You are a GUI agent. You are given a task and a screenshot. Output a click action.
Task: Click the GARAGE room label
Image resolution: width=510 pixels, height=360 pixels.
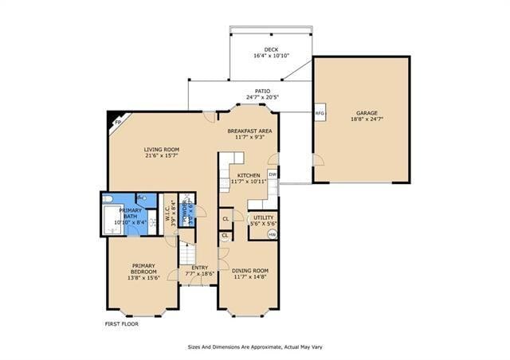[x=367, y=113]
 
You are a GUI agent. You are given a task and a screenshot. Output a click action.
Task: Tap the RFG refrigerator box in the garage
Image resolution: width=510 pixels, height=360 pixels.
[x=320, y=113]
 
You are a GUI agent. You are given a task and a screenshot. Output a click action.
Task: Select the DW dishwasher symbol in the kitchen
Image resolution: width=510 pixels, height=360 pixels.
[x=273, y=174]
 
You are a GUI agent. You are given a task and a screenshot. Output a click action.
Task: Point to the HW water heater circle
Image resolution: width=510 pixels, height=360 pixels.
[x=273, y=234]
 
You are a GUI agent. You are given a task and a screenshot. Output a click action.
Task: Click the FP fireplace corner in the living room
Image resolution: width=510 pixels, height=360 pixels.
[x=116, y=121]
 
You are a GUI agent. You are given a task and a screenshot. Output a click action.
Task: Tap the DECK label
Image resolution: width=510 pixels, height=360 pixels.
[x=260, y=49]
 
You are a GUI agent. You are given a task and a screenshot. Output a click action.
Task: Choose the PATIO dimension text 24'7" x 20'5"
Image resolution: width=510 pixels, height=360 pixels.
[x=263, y=98]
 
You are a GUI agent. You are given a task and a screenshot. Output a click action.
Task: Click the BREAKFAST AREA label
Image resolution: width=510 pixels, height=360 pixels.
[x=249, y=131]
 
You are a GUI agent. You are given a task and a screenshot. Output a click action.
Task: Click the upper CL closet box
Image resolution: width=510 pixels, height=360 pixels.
[x=226, y=218]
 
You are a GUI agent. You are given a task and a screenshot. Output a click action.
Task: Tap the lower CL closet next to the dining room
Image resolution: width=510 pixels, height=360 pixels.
[x=225, y=236]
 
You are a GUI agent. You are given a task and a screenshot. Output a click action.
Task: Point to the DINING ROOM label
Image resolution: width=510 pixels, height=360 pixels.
[x=250, y=271]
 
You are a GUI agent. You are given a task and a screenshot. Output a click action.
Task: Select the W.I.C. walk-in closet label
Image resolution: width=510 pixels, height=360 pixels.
[x=167, y=212]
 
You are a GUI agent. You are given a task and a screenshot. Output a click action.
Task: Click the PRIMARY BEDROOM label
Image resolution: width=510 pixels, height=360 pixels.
[x=143, y=269]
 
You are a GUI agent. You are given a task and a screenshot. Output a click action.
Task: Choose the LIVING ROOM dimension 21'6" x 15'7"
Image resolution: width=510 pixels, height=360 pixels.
[x=161, y=156]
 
